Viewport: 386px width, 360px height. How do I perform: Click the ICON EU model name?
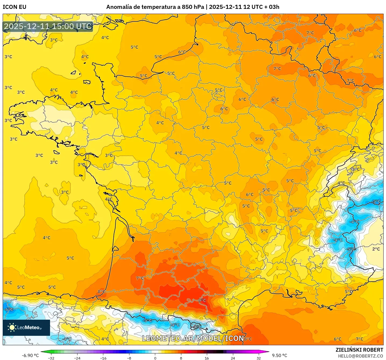pyautogui.click(x=15, y=7)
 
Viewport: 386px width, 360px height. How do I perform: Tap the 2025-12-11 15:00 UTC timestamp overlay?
pyautogui.click(x=48, y=26)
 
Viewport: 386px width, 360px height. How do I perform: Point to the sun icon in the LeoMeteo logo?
pyautogui.click(x=12, y=327)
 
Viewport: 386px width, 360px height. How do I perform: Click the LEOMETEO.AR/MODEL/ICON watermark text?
pyautogui.click(x=193, y=338)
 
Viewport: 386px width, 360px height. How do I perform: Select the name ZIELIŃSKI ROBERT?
pyautogui.click(x=359, y=350)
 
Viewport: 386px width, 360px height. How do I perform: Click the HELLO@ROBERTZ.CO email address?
pyautogui.click(x=360, y=356)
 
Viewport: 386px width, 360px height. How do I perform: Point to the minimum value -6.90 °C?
pyautogui.click(x=30, y=355)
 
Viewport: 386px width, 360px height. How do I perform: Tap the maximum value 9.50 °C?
pyautogui.click(x=279, y=355)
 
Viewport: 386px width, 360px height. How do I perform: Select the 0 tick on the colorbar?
pyautogui.click(x=155, y=358)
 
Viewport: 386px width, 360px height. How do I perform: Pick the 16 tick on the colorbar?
pyautogui.click(x=207, y=358)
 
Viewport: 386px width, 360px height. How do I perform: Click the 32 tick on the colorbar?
pyautogui.click(x=258, y=358)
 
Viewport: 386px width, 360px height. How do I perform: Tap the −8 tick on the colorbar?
pyautogui.click(x=129, y=358)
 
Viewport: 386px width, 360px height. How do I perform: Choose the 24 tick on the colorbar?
pyautogui.click(x=233, y=358)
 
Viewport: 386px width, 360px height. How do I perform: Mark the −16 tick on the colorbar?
pyautogui.click(x=103, y=358)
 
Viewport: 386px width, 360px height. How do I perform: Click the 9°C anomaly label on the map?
pyautogui.click(x=202, y=300)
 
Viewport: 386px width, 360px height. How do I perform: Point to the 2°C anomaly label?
pyautogui.click(x=376, y=249)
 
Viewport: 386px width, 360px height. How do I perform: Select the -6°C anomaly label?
pyautogui.click(x=9, y=309)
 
